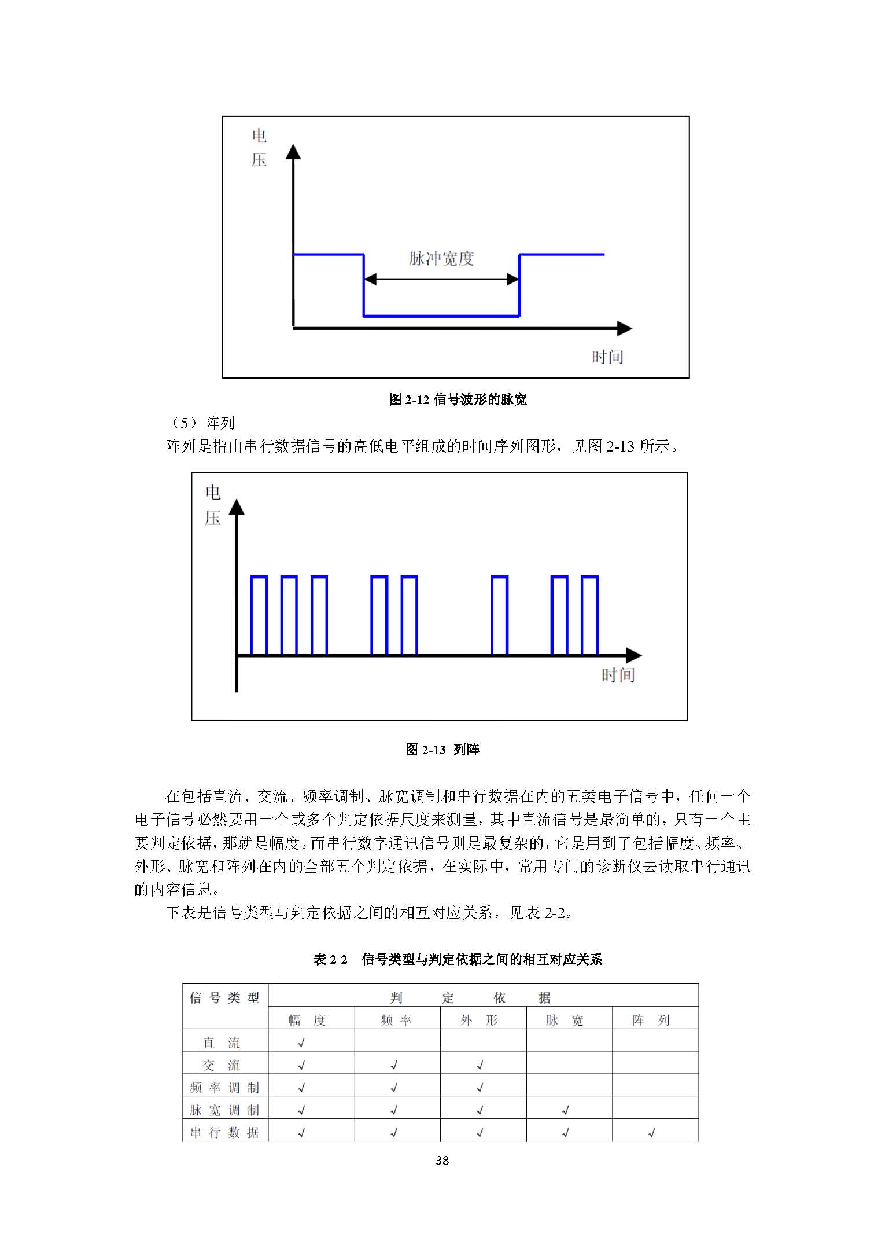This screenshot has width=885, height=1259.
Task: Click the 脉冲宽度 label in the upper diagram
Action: click(441, 259)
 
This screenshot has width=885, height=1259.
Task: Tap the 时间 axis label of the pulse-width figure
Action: click(607, 357)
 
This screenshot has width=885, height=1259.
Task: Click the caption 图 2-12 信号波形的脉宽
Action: click(458, 399)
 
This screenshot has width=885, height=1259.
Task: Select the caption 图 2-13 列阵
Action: click(443, 750)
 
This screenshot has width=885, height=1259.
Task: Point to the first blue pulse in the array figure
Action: click(259, 615)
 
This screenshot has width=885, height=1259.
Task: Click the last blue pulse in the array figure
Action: click(589, 615)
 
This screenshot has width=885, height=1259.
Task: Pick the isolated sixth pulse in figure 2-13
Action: click(499, 615)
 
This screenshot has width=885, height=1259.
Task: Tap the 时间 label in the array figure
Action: click(618, 675)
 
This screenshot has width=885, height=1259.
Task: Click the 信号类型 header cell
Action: click(224, 998)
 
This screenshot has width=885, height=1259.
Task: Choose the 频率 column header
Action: click(396, 1021)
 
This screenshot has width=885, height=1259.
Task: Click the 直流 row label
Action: click(221, 1043)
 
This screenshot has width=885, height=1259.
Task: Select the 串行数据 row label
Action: click(224, 1133)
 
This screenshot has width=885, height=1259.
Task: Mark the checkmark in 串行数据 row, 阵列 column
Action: click(652, 1133)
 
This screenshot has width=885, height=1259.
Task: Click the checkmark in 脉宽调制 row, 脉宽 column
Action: click(566, 1110)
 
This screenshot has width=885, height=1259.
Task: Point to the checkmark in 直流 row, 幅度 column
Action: click(301, 1043)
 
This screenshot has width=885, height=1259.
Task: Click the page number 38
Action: click(443, 1160)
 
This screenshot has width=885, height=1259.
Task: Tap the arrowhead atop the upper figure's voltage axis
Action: click(294, 152)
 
